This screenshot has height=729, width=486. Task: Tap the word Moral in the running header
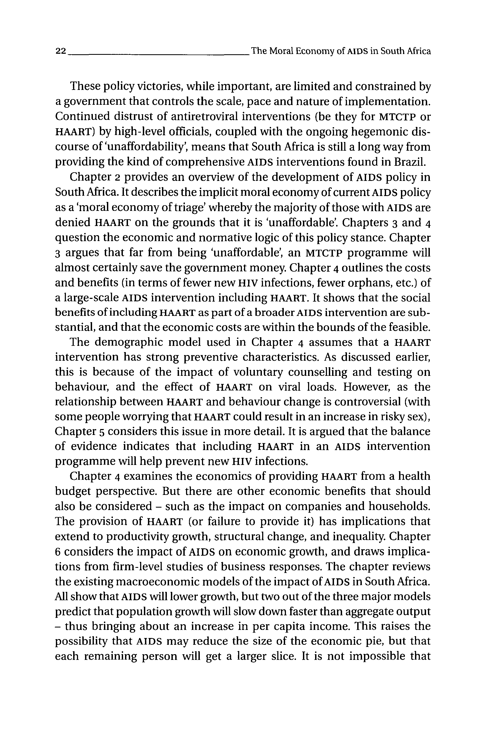coord(281,51)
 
